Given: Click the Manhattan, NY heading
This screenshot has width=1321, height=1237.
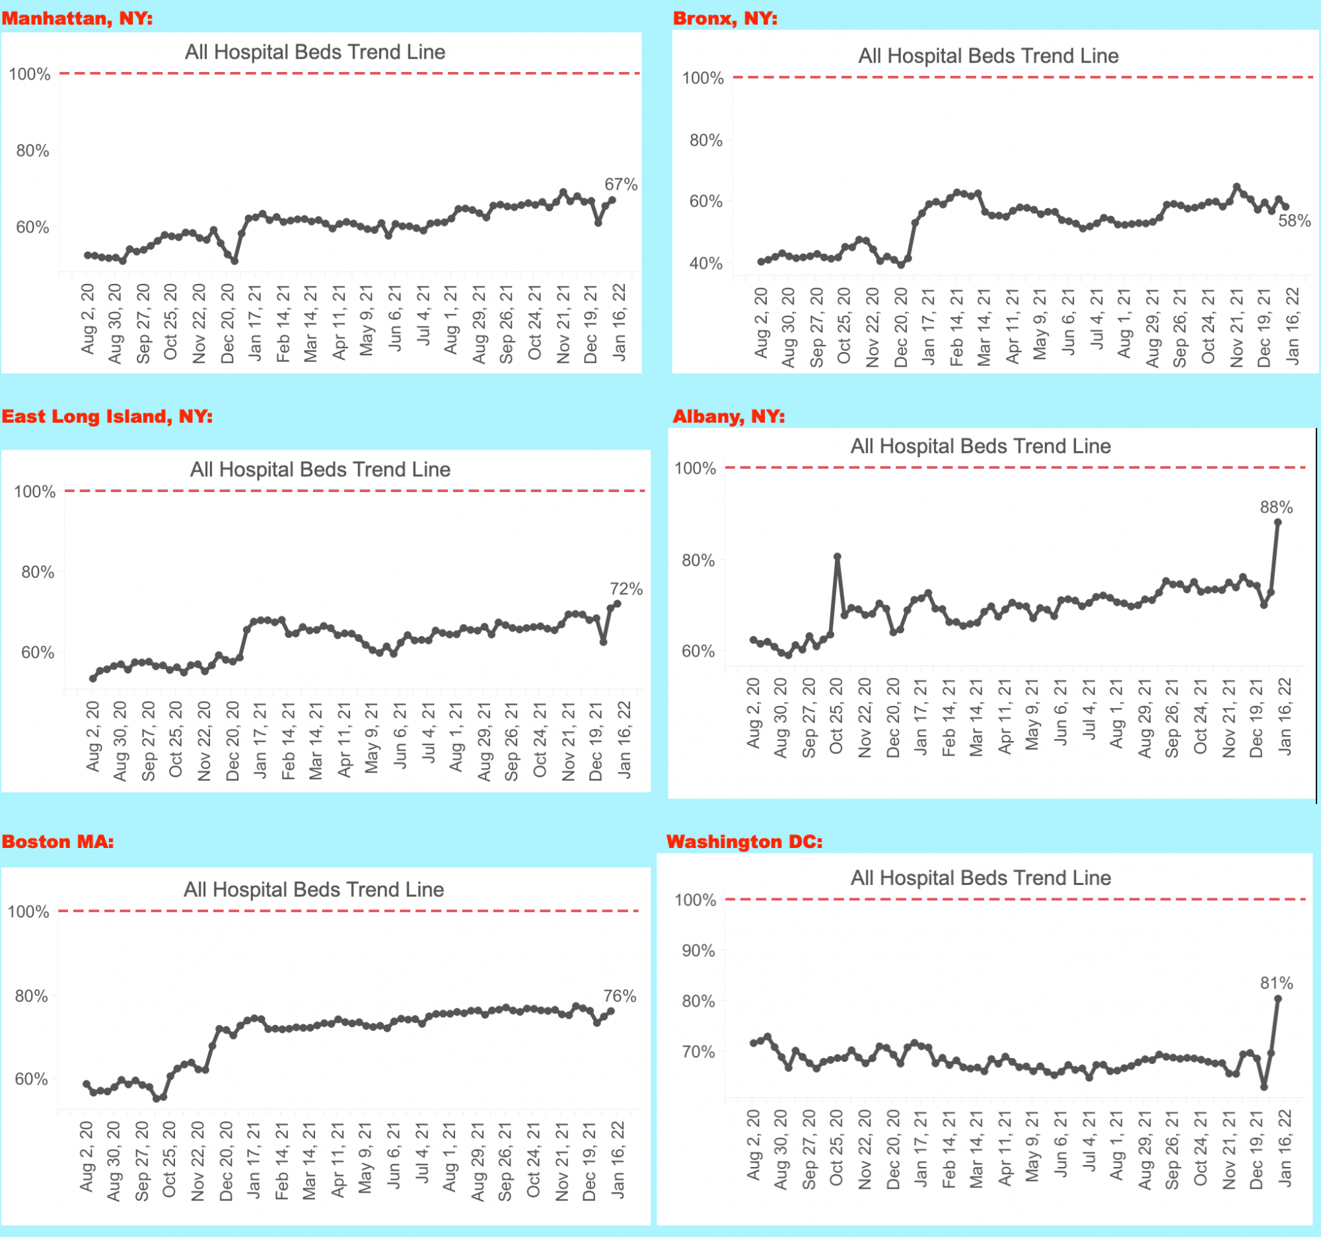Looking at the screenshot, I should (77, 18).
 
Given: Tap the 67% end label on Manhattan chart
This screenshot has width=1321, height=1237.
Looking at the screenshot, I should (621, 184).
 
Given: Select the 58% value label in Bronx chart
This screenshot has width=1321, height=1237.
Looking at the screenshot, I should (1295, 221).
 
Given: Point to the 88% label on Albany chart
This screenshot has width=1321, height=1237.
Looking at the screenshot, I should (1276, 508).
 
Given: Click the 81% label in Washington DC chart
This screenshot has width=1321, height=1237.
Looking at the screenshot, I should (1276, 983).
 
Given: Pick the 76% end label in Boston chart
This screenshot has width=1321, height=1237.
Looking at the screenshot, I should (620, 996).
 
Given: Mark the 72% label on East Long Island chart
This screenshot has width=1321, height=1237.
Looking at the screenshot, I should (626, 588).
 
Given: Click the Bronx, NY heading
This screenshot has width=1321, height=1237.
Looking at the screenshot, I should (725, 18).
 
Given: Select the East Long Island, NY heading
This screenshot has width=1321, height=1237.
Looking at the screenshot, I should (107, 417).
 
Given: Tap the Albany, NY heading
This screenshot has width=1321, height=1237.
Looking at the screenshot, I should (729, 417).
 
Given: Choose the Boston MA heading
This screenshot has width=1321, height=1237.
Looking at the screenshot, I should (58, 841).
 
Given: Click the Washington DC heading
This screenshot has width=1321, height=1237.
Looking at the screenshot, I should (744, 841).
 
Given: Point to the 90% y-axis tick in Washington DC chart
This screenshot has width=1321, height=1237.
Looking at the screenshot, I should (698, 950).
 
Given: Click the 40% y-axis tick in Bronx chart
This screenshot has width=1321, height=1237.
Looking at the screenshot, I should (705, 264).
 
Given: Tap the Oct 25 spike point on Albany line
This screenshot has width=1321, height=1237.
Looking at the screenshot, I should (838, 557).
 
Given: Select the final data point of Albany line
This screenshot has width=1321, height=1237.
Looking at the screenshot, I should (1277, 522).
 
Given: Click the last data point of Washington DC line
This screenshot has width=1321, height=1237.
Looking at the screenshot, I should (1277, 999).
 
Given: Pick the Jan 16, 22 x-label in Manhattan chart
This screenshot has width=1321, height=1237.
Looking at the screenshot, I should (619, 322).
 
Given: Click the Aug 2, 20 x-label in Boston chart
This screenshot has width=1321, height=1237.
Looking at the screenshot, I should (87, 1156).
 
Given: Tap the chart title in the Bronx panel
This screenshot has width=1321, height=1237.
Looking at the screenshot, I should (988, 55).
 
